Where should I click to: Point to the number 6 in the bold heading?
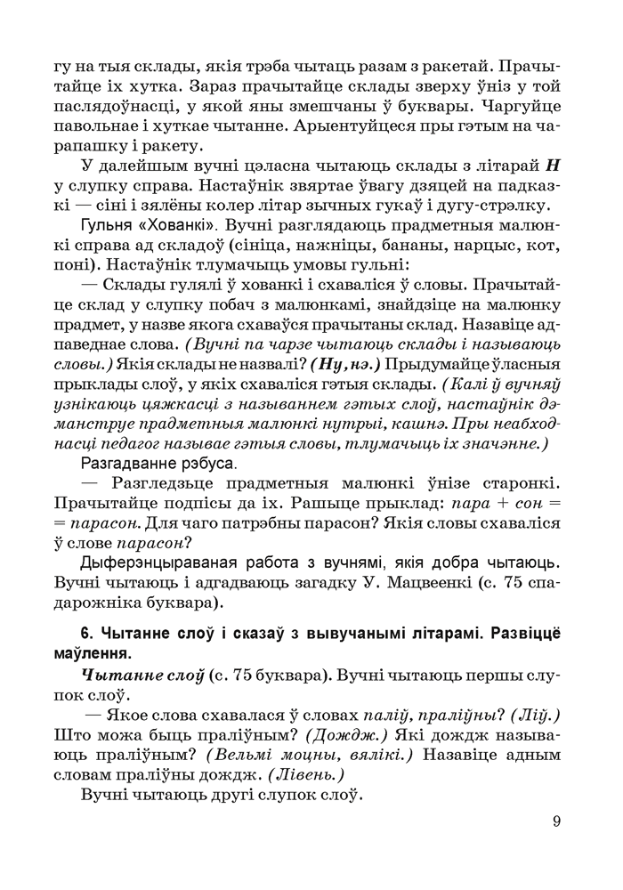[x=86, y=635]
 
